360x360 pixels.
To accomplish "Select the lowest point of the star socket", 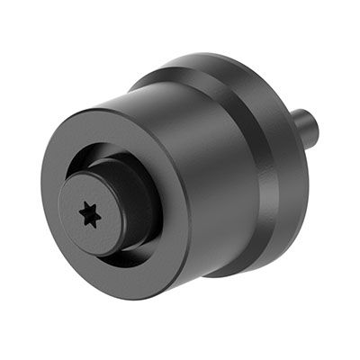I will (89, 226).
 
